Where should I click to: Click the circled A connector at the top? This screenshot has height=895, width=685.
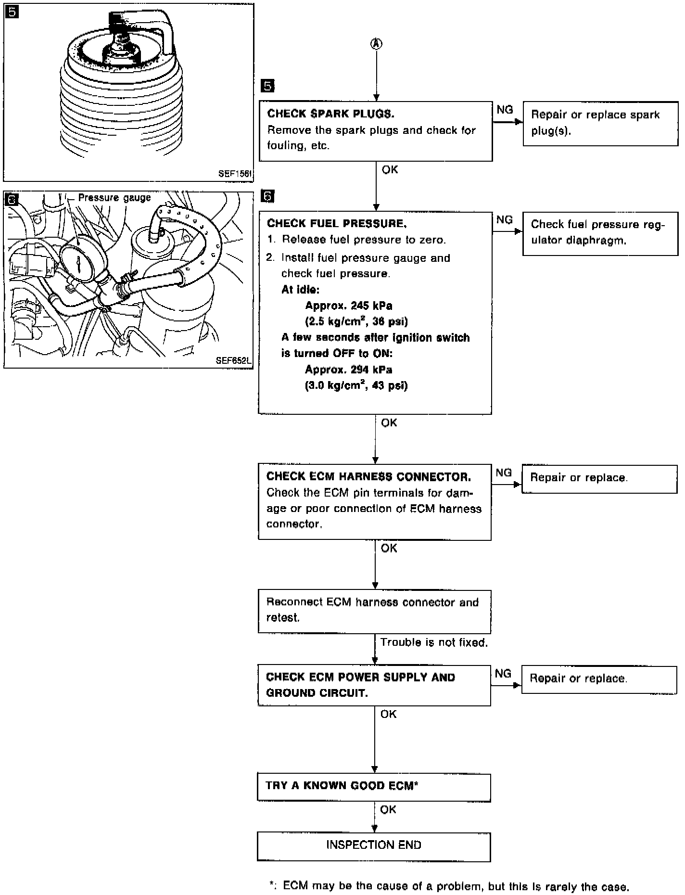click(x=376, y=44)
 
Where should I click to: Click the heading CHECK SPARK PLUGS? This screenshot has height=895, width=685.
click(x=330, y=114)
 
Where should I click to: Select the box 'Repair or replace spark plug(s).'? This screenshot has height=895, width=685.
click(x=600, y=123)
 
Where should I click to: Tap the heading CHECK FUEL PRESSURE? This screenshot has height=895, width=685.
click(x=337, y=223)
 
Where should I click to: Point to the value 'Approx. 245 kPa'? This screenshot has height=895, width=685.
click(x=348, y=306)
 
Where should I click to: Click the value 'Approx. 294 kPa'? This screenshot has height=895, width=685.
click(x=348, y=370)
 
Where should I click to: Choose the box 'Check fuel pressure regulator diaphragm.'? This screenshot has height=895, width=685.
click(x=600, y=233)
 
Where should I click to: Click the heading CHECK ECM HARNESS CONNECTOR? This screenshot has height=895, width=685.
click(x=368, y=476)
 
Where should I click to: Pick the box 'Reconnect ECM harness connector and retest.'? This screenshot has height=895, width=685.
click(x=374, y=611)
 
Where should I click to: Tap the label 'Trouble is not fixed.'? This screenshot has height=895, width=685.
click(x=434, y=642)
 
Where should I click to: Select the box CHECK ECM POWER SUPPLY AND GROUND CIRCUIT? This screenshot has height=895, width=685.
click(x=374, y=685)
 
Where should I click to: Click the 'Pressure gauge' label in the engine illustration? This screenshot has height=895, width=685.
click(x=114, y=198)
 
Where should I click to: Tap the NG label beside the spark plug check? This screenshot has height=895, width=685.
click(x=505, y=110)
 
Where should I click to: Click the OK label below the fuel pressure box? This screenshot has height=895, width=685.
click(x=389, y=422)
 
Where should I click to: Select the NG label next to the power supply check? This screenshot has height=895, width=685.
click(x=503, y=673)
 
